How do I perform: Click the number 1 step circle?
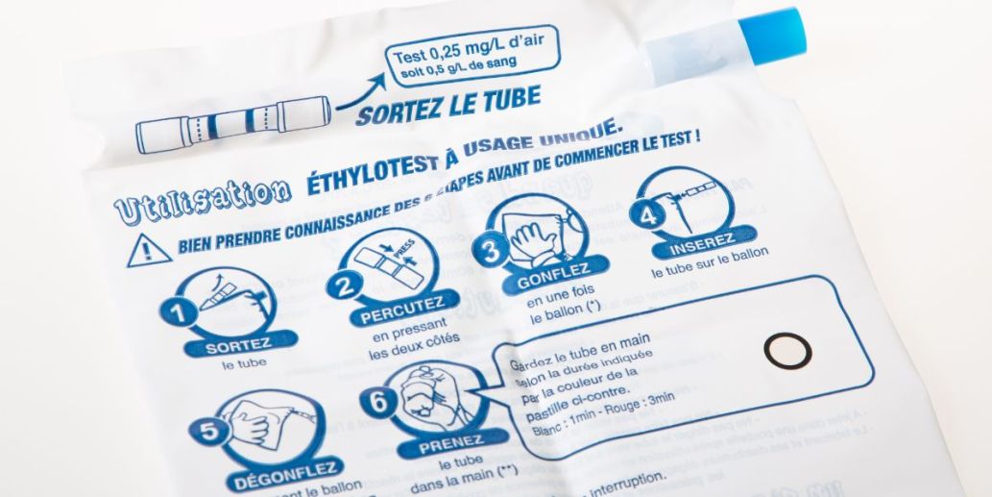pos(174,312)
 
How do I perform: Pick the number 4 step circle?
pos(650,215)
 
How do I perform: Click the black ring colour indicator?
pos(784,350)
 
